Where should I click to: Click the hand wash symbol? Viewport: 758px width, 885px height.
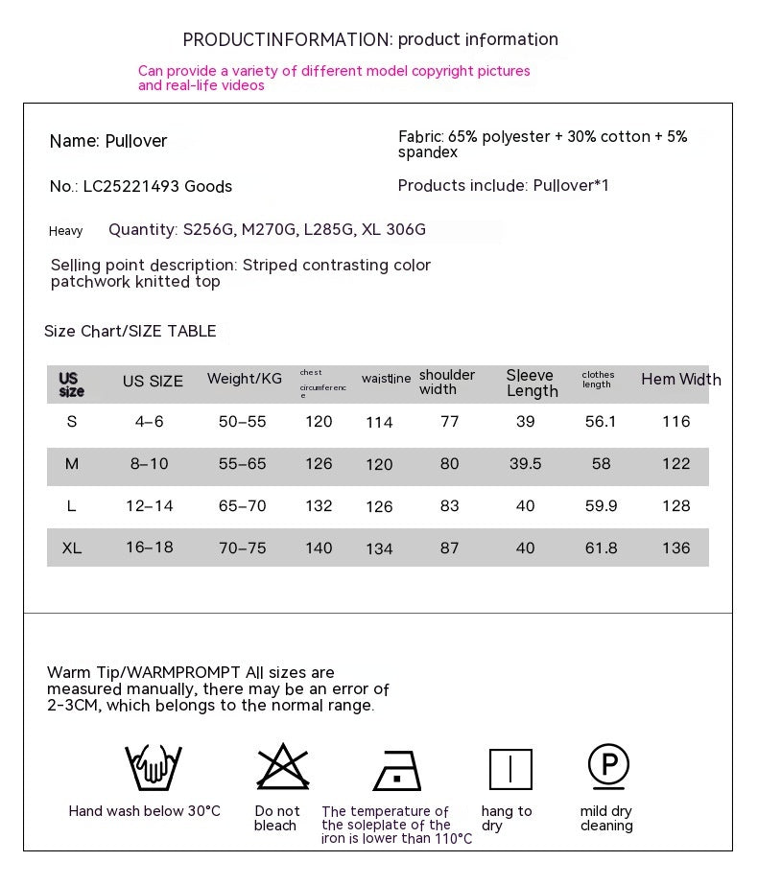point(154,768)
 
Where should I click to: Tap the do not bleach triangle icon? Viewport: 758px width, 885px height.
point(283,767)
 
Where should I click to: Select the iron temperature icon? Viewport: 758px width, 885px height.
point(397,770)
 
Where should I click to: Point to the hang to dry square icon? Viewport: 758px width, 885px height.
point(510,769)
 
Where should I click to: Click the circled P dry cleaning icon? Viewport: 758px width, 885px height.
point(608,766)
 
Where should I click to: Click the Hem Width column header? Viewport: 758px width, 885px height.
point(680,380)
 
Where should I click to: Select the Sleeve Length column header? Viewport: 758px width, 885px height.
point(532,383)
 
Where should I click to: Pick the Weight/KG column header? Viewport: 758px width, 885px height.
point(245,379)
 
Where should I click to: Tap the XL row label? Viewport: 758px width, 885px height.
point(72,548)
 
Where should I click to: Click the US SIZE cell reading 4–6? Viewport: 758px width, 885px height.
point(150,422)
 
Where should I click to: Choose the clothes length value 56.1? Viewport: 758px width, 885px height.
point(601,422)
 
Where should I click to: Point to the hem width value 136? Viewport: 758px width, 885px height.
point(675,548)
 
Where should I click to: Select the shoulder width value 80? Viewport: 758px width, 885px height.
point(449,464)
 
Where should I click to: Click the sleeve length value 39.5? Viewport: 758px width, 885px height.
point(525,464)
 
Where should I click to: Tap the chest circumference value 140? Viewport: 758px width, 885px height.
point(319,548)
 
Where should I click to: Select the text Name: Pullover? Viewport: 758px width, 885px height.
point(108,141)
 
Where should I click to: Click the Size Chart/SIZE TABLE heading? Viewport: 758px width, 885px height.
point(130,332)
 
